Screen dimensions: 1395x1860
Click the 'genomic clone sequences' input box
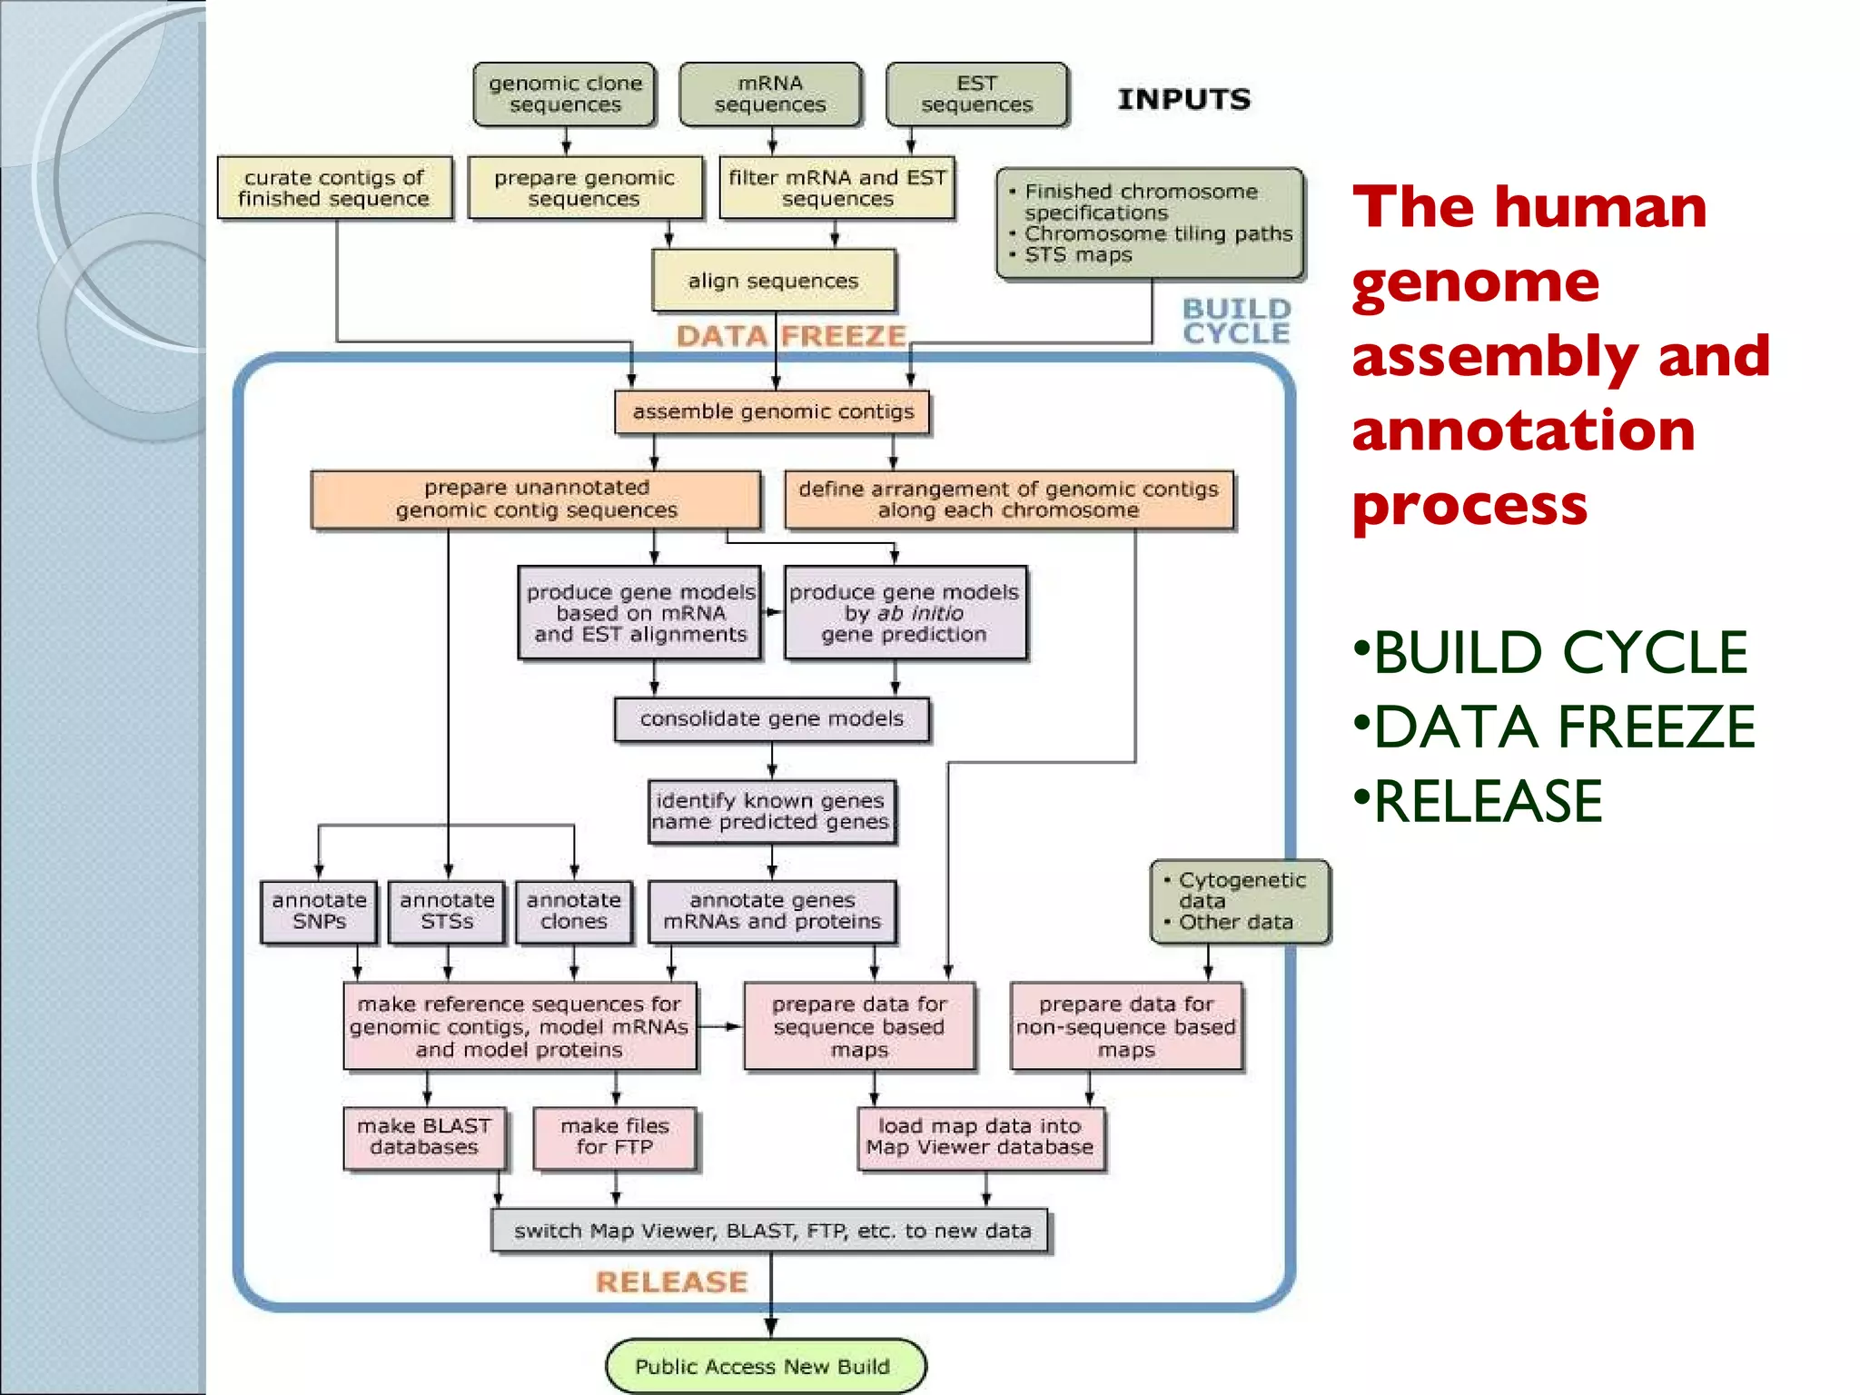564,94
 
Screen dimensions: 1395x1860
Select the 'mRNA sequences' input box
770,94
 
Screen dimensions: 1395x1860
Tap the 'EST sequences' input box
976,94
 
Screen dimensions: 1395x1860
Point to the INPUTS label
1183,99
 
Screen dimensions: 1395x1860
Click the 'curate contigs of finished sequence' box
334,188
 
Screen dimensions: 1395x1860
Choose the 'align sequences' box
773,281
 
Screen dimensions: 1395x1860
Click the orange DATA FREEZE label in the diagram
791,336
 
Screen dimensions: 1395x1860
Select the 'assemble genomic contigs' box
772,412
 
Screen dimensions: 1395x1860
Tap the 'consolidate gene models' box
772,719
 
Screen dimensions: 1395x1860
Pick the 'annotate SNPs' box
319,911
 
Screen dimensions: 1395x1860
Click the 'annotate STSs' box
447,911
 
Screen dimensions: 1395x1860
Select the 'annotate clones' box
574,911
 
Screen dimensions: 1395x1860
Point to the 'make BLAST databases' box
424,1137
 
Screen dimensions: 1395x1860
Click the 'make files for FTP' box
615,1137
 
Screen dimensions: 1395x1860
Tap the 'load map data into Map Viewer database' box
980,1137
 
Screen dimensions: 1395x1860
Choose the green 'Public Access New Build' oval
764,1366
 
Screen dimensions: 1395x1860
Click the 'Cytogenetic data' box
1240,902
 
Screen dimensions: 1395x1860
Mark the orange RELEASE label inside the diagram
672,1281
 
